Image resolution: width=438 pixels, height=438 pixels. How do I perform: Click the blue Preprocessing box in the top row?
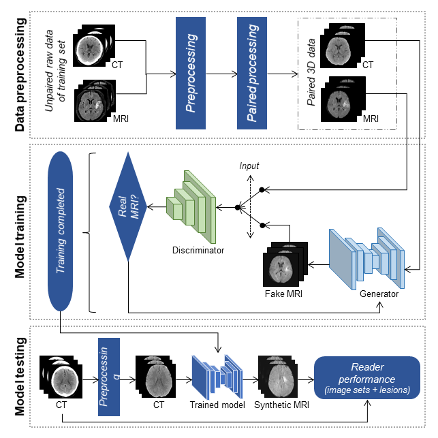click(x=195, y=73)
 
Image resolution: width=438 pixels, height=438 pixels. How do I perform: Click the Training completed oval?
click(x=61, y=232)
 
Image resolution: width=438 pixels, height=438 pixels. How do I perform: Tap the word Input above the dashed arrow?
click(x=249, y=166)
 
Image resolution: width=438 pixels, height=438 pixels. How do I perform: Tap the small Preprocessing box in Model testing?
click(x=109, y=377)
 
